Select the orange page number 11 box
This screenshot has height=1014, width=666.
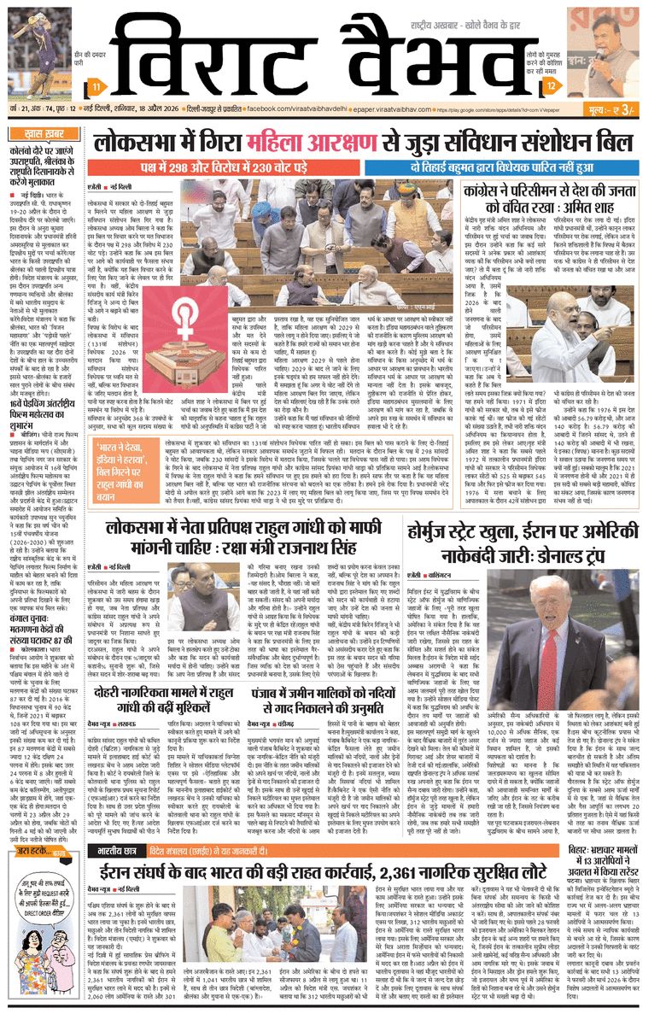tap(99, 88)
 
